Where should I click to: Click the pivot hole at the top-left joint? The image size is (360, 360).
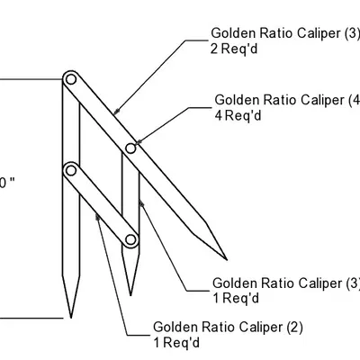[x=68, y=80]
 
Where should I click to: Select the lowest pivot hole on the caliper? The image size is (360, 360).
[x=130, y=240]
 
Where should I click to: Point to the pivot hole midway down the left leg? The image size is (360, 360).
[x=69, y=168]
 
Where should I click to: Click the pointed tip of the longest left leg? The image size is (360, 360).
[x=67, y=317]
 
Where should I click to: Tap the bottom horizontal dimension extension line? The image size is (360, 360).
[x=32, y=317]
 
